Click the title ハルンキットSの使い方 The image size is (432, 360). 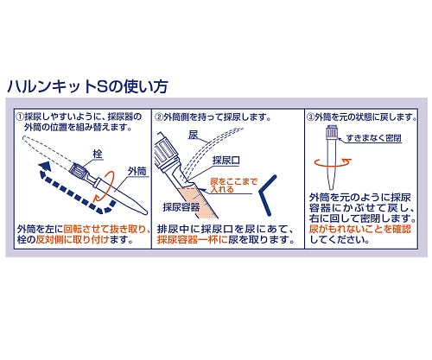pos(86,87)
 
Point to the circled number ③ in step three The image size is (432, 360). pos(312,116)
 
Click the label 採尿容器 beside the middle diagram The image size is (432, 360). pos(180,206)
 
